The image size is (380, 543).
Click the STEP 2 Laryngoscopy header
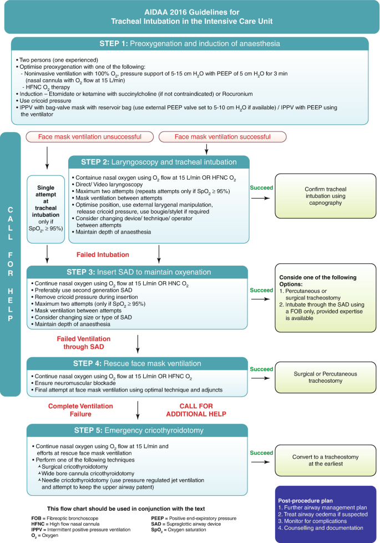click(x=159, y=162)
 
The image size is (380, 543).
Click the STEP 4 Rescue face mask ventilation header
click(x=138, y=364)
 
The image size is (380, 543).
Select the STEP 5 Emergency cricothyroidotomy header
click(x=138, y=431)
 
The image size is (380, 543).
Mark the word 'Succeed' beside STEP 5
click(x=262, y=453)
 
